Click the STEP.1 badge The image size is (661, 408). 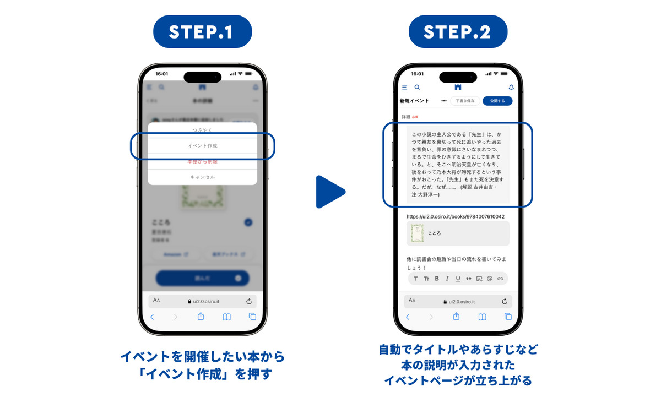(202, 31)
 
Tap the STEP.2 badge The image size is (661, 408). (457, 31)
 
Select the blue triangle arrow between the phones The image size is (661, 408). (329, 192)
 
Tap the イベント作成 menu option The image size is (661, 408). (202, 146)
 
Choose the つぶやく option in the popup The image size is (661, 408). (202, 130)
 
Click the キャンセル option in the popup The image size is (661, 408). (202, 177)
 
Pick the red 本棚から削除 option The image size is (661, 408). (202, 161)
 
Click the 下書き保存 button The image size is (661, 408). (465, 101)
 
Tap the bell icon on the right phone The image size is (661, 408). (511, 87)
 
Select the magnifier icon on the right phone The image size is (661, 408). (417, 87)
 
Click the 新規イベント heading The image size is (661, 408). (414, 101)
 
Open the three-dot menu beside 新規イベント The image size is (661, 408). (443, 101)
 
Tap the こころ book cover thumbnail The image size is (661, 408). (417, 233)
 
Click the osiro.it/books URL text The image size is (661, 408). (456, 216)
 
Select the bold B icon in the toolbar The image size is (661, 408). (437, 279)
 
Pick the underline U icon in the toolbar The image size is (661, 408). (458, 279)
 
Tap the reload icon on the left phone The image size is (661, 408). (249, 301)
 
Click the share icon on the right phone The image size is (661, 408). (456, 317)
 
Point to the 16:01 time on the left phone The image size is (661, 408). (162, 73)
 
